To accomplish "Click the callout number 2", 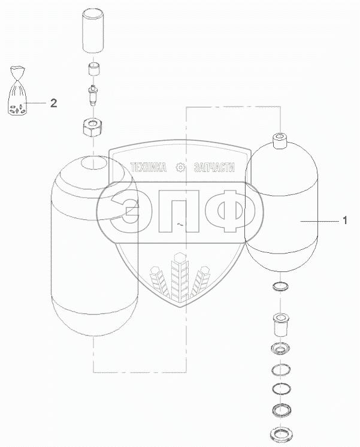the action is pos(53,103).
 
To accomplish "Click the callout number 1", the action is pos(344,221).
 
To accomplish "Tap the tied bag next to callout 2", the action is pos(17,90).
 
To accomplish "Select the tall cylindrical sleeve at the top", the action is pos(93,31).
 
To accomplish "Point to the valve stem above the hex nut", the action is pos(93,95).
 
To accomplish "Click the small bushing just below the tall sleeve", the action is pos(93,69).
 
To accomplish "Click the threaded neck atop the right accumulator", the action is pos(280,141).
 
